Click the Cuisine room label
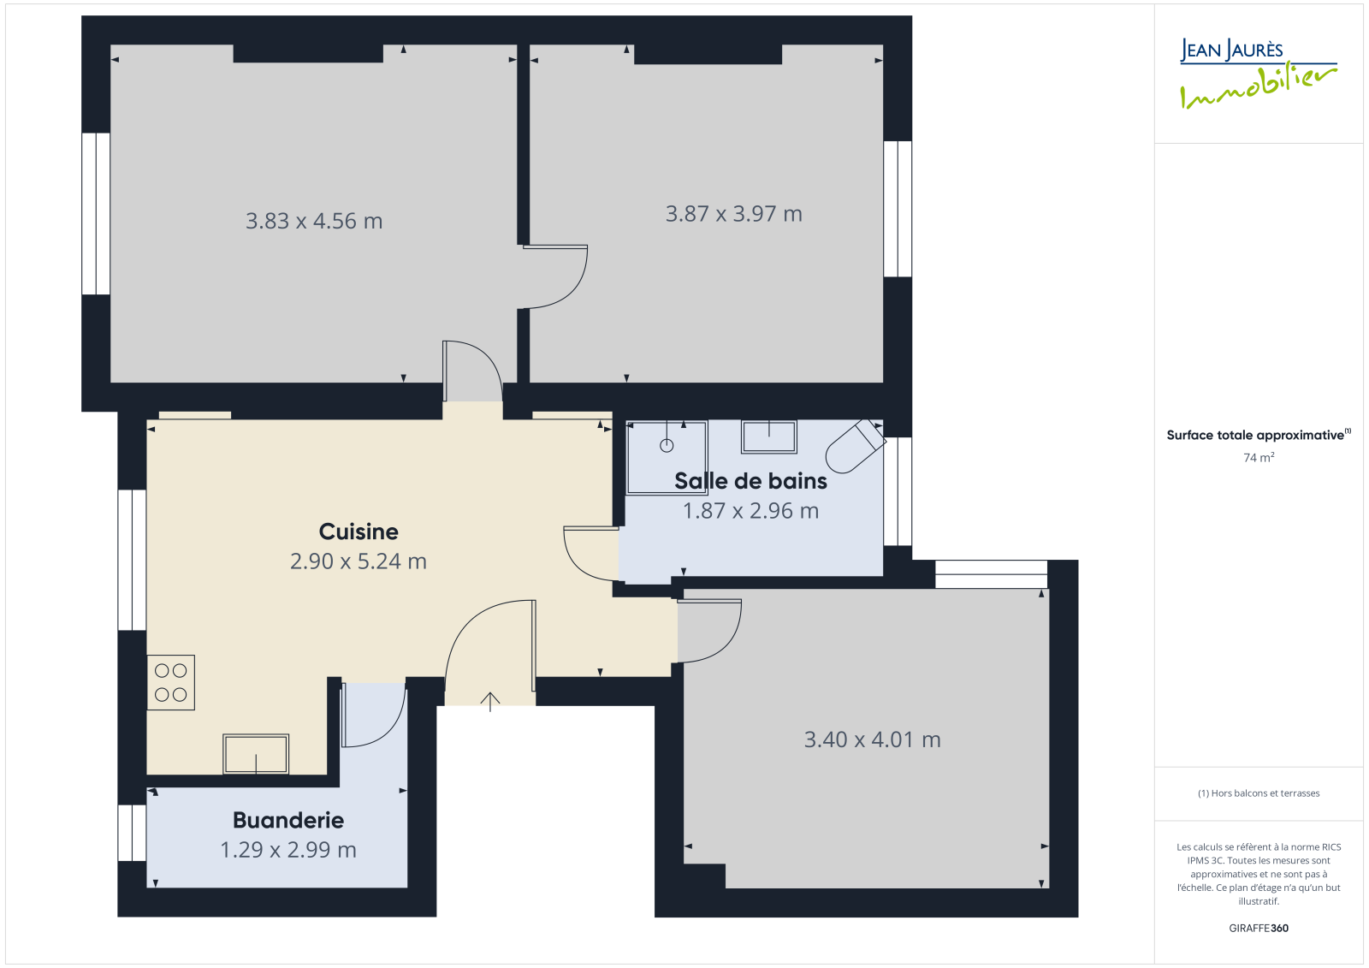point(359,532)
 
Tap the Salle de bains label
point(750,481)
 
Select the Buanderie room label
point(287,820)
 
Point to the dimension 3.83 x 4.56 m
point(314,221)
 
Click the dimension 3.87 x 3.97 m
point(733,213)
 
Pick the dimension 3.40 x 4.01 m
point(872,739)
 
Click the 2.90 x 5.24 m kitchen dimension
point(359,561)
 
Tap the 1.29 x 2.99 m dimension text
point(287,849)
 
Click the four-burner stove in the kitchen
point(170,682)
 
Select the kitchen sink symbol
point(256,754)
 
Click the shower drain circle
point(667,446)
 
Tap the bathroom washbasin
point(769,436)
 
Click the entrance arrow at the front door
point(490,701)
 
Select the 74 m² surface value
point(1259,457)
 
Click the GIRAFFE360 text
point(1259,928)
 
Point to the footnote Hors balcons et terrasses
point(1259,793)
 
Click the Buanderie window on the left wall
point(132,833)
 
